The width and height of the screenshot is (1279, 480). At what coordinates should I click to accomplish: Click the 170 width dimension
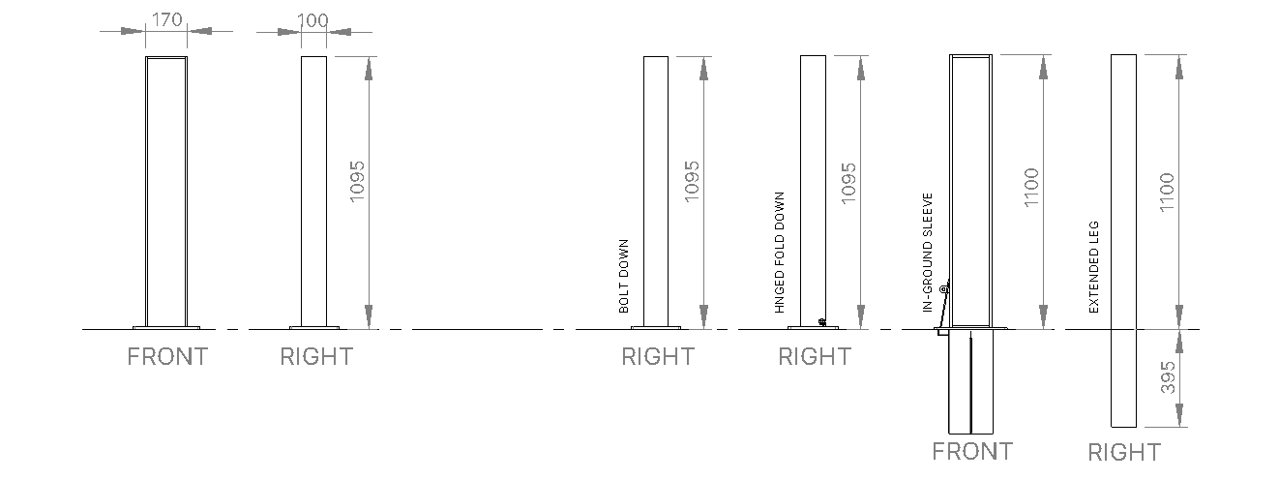click(165, 18)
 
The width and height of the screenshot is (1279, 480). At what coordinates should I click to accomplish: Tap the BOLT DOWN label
click(624, 277)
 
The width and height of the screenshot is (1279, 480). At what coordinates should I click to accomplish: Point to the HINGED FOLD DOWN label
click(780, 253)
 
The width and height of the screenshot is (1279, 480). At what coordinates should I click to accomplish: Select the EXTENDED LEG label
click(1094, 267)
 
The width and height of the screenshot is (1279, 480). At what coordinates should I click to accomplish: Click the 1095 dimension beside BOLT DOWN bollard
click(692, 179)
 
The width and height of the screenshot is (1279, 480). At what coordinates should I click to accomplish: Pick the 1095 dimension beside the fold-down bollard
click(849, 179)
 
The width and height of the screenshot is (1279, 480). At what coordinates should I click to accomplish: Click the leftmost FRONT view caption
click(167, 357)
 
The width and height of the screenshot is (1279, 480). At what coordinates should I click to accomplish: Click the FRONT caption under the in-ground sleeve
click(972, 451)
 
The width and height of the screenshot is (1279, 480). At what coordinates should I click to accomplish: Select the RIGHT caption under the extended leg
click(1124, 452)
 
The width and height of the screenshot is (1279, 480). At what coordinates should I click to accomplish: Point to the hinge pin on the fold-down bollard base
click(821, 321)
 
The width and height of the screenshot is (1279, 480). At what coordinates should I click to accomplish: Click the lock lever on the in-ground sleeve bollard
click(945, 290)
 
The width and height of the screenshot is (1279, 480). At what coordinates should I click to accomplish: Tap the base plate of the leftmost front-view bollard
click(166, 326)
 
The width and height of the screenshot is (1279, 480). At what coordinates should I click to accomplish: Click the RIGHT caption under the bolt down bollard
click(658, 357)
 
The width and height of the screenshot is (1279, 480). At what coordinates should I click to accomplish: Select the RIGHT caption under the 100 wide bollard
click(316, 357)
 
